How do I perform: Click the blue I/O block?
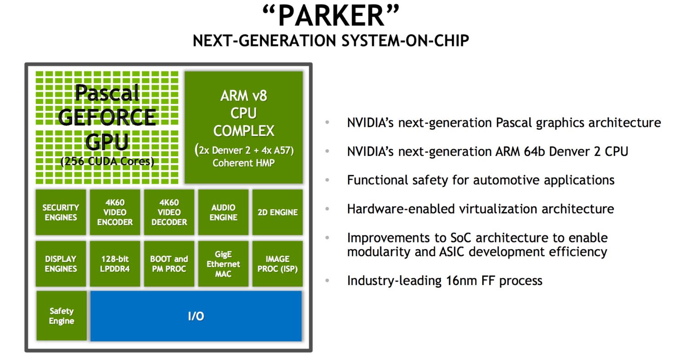click(x=196, y=316)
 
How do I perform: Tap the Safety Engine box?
click(x=62, y=316)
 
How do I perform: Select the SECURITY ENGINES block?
click(x=61, y=212)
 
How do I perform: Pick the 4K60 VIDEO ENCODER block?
click(x=115, y=212)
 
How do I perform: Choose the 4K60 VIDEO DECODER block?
click(x=169, y=212)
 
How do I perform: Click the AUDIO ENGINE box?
click(x=223, y=212)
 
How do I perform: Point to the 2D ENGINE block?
click(x=277, y=212)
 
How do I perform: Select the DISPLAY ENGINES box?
click(x=61, y=264)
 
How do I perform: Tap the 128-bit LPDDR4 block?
click(x=115, y=264)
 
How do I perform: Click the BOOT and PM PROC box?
click(x=169, y=264)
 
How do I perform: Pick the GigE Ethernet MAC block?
click(x=223, y=264)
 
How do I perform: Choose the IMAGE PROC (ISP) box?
click(x=277, y=264)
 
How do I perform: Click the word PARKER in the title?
click(x=331, y=16)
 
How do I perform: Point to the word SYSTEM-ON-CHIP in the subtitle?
click(x=405, y=40)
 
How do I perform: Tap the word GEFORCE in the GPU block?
click(x=107, y=117)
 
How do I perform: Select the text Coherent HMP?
click(x=243, y=163)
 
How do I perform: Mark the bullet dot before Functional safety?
click(x=327, y=180)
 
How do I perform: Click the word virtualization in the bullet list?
click(x=498, y=209)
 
